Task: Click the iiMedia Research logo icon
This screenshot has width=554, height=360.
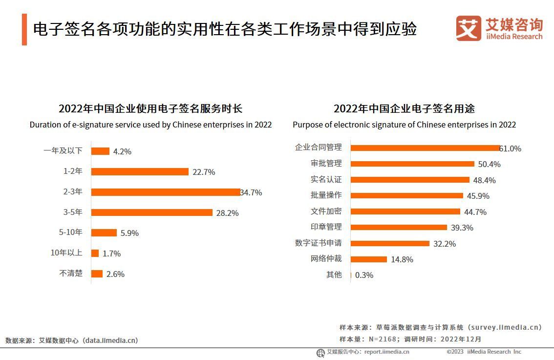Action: [x=468, y=28]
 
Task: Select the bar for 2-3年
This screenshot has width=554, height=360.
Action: [x=166, y=192]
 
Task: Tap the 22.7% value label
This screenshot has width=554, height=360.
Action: [x=204, y=172]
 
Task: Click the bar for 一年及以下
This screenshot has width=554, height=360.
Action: [x=100, y=151]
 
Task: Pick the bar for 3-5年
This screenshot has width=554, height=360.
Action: [x=152, y=212]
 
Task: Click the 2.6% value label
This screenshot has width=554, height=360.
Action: [x=115, y=274]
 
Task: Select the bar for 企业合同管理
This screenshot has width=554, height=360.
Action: [x=425, y=148]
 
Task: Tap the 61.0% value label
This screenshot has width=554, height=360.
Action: [x=511, y=148]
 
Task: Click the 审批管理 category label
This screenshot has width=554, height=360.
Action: [x=326, y=163]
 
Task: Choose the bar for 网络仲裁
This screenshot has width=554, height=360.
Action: [x=369, y=259]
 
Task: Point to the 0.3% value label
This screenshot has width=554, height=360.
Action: [x=364, y=275]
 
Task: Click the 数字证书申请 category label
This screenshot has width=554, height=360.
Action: [x=318, y=243]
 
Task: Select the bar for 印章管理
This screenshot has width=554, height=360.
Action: [x=399, y=227]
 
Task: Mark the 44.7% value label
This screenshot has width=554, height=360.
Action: [x=475, y=212]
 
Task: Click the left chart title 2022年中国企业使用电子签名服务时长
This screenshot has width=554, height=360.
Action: [x=150, y=108]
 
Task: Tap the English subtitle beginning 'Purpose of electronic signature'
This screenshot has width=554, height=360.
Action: [x=404, y=125]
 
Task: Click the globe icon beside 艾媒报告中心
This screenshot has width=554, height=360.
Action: [x=320, y=352]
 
